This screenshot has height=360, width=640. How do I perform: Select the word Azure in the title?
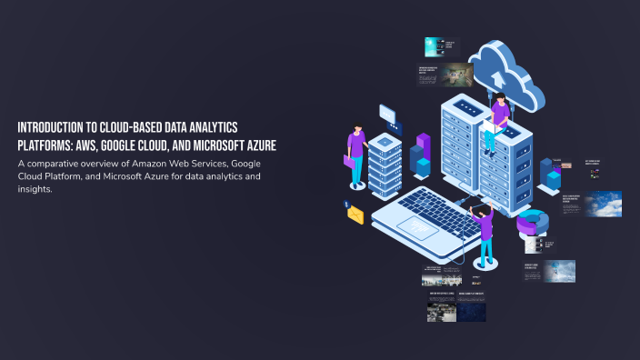click(259, 145)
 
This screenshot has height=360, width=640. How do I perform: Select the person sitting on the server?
click(498, 118)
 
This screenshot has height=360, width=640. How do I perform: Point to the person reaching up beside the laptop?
click(484, 232)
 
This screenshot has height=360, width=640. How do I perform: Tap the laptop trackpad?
click(417, 226)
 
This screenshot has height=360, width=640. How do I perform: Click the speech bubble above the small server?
click(389, 115)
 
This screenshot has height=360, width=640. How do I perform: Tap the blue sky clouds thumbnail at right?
click(603, 204)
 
